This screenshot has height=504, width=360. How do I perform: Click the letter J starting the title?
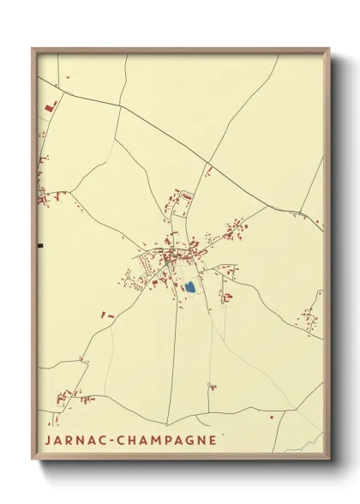click(x=46, y=440)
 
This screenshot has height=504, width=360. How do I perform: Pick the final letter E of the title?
click(x=213, y=440)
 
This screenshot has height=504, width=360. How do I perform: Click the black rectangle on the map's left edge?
click(x=39, y=246)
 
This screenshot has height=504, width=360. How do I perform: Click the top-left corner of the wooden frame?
click(x=33, y=49)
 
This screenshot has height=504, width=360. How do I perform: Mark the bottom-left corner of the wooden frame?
click(x=33, y=459)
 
